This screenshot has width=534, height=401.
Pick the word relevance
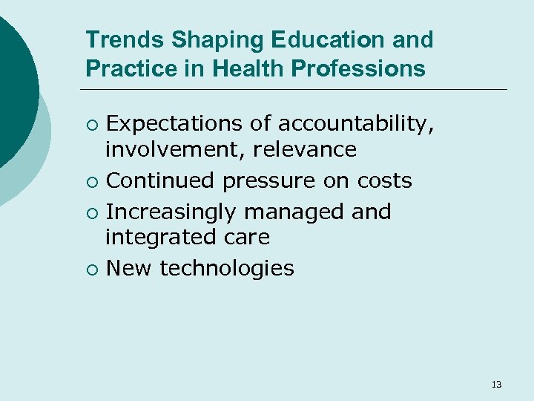point(305,149)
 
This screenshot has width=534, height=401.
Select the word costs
point(384,181)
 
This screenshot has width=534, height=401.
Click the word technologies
point(227,268)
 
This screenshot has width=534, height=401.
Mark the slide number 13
point(496,384)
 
